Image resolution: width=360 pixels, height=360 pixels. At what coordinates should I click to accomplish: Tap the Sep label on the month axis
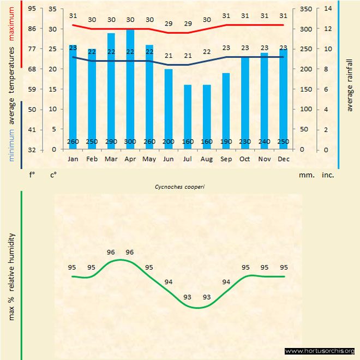226,159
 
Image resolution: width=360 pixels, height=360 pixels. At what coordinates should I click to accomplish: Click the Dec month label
283,159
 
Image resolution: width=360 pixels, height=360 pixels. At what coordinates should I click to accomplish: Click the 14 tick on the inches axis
328,9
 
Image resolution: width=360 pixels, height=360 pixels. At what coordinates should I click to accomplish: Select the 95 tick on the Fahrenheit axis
32,9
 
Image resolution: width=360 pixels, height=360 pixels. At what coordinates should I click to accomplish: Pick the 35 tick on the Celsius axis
52,9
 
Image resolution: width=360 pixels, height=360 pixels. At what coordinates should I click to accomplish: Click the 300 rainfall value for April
130,142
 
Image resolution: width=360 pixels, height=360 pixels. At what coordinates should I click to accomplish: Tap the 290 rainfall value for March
111,142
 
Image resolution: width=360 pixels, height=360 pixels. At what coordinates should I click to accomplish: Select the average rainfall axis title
350,85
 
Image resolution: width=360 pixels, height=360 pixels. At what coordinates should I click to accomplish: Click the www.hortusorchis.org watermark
320,351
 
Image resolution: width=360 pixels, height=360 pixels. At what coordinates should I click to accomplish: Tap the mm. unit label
306,175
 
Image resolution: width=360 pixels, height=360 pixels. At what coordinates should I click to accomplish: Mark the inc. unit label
328,175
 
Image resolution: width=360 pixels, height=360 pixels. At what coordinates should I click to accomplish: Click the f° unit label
32,175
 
